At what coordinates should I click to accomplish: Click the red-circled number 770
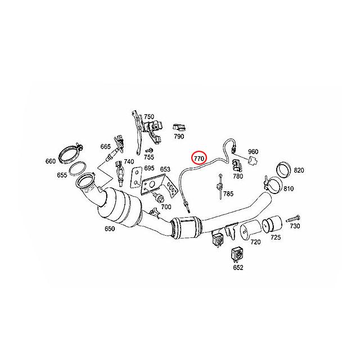pyautogui.click(x=199, y=159)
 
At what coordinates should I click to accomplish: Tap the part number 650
pyautogui.click(x=110, y=229)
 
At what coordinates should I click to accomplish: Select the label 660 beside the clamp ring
pyautogui.click(x=51, y=162)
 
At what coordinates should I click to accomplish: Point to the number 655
pyautogui.click(x=62, y=175)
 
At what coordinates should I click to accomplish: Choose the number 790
pyautogui.click(x=179, y=136)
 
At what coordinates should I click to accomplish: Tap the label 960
pyautogui.click(x=253, y=152)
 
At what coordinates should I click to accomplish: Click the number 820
pyautogui.click(x=298, y=170)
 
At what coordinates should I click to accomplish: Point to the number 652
pyautogui.click(x=237, y=267)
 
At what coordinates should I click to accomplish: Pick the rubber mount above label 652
pyautogui.click(x=237, y=254)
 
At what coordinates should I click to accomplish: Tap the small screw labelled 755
pyautogui.click(x=150, y=151)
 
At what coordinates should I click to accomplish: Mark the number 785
pyautogui.click(x=228, y=194)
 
